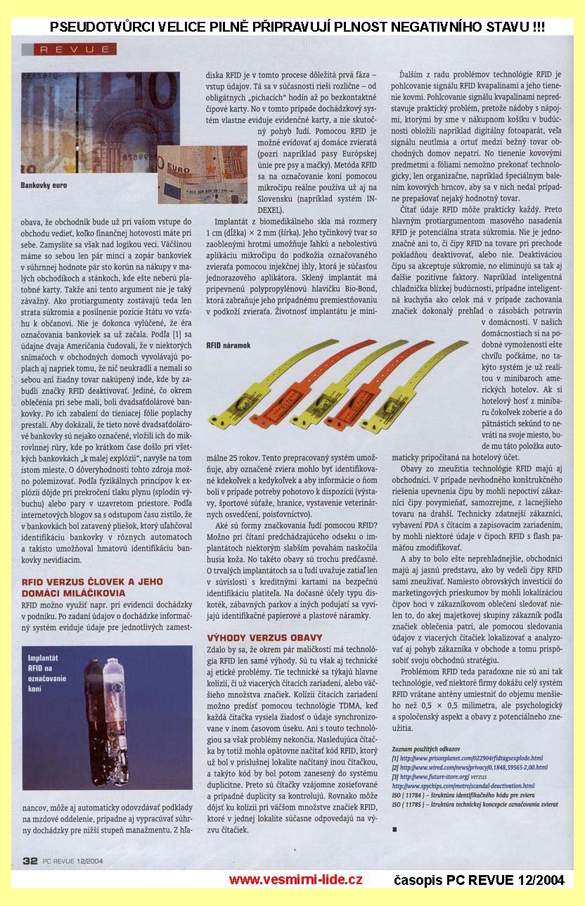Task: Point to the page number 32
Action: [30, 860]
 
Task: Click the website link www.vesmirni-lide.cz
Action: [295, 879]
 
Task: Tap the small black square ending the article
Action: [395, 829]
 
